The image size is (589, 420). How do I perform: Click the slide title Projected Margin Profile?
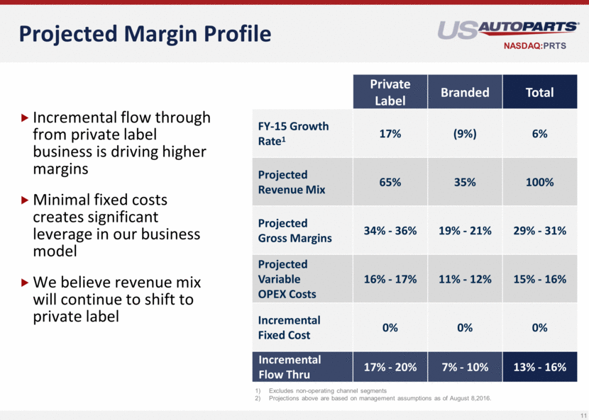pyautogui.click(x=145, y=33)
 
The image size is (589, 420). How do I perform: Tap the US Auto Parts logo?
pyautogui.click(x=507, y=29)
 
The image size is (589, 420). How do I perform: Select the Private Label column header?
pyautogui.click(x=390, y=92)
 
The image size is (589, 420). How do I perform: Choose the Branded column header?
pyautogui.click(x=465, y=92)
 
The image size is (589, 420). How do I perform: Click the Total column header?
pyautogui.click(x=539, y=92)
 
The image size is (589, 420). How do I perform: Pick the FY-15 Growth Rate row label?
pyautogui.click(x=293, y=133)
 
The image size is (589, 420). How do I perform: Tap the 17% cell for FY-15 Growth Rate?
pyautogui.click(x=390, y=133)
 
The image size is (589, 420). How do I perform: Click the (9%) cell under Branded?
pyautogui.click(x=465, y=133)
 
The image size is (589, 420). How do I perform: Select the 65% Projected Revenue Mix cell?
pyautogui.click(x=390, y=182)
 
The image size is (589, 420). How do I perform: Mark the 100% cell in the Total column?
pyautogui.click(x=539, y=182)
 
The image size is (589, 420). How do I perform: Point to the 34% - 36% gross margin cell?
pyautogui.click(x=390, y=231)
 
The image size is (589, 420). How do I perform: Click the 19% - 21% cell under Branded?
pyautogui.click(x=465, y=231)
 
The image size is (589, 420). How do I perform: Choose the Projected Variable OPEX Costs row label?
pyautogui.click(x=287, y=279)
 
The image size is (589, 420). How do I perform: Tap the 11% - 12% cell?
pyautogui.click(x=465, y=279)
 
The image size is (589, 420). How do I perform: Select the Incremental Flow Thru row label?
pyautogui.click(x=290, y=367)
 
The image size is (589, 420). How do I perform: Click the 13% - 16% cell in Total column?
pyautogui.click(x=539, y=368)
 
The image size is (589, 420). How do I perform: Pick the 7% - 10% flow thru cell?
pyautogui.click(x=465, y=368)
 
